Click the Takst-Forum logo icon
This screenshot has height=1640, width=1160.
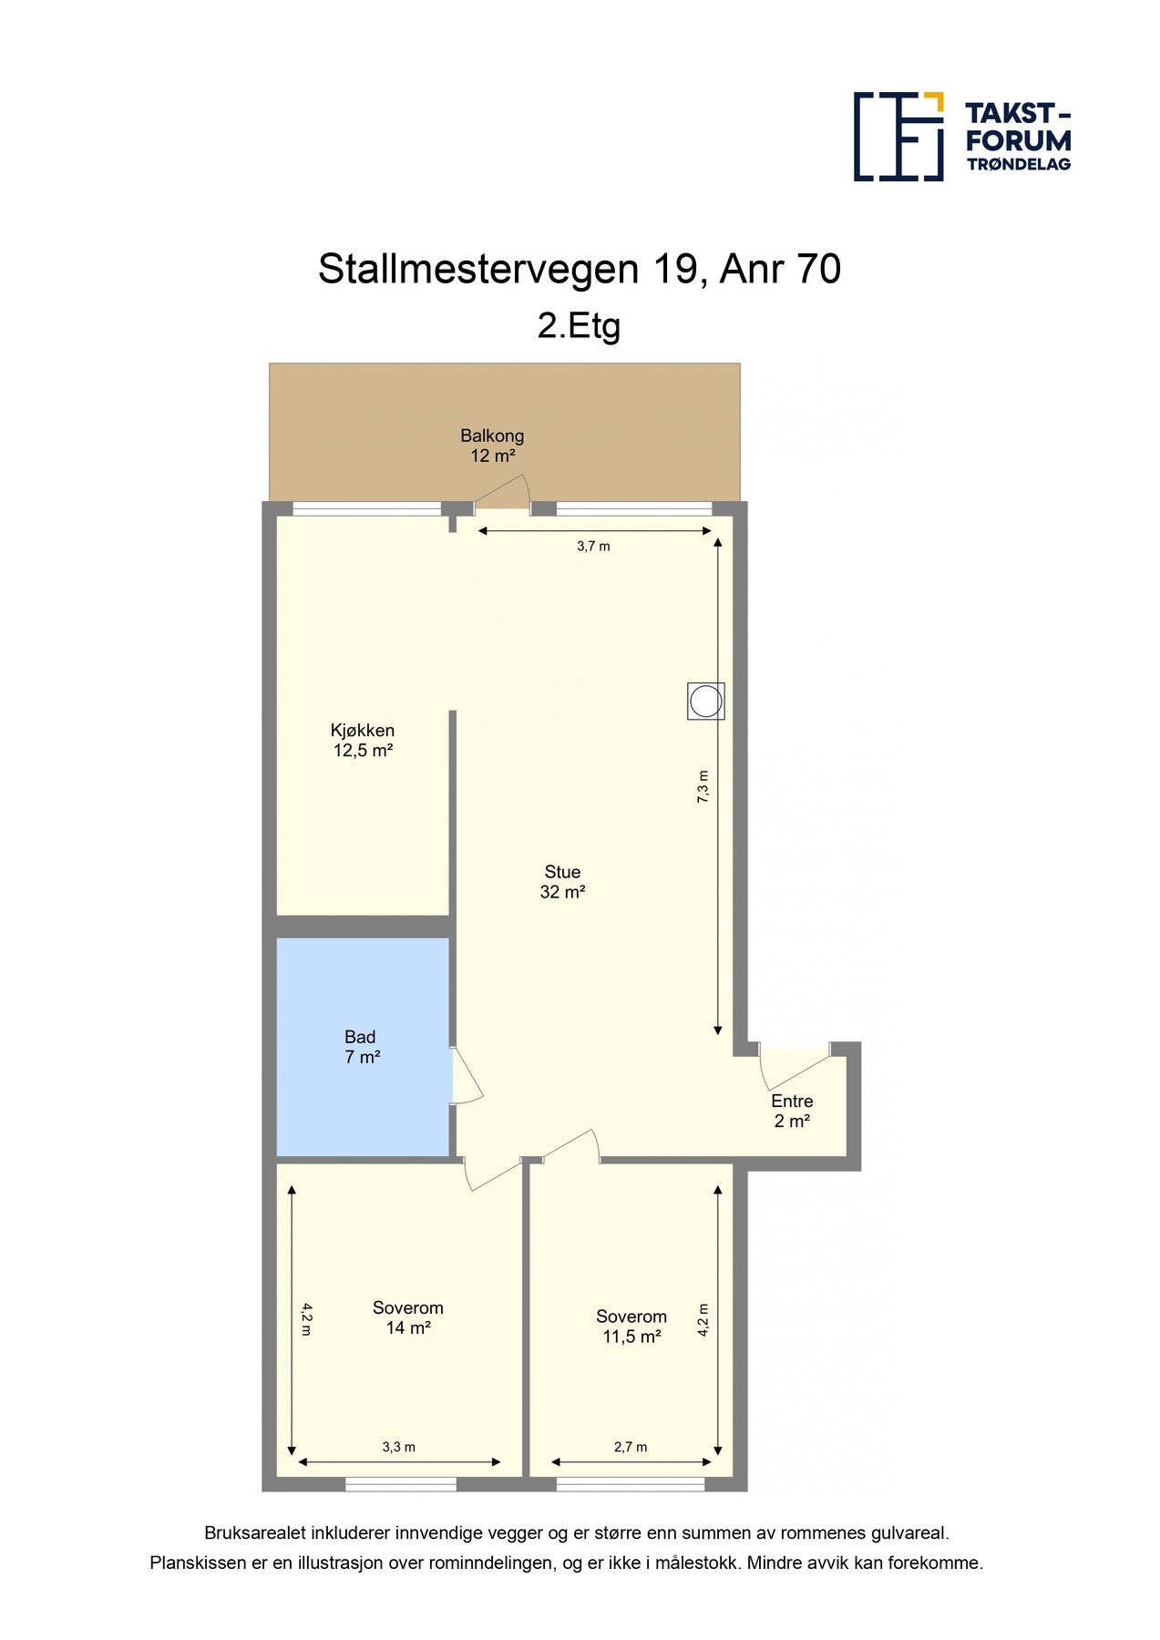pyautogui.click(x=898, y=136)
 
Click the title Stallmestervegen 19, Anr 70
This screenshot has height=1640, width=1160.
pyautogui.click(x=579, y=270)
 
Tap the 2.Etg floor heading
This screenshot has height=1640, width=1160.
pyautogui.click(x=579, y=325)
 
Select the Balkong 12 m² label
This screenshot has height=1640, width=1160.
pyautogui.click(x=492, y=446)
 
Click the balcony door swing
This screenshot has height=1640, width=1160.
pyautogui.click(x=504, y=494)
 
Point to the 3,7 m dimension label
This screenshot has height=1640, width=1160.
pyautogui.click(x=593, y=547)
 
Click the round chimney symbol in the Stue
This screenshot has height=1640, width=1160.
pyautogui.click(x=705, y=702)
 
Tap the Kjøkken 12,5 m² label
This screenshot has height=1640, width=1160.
pyautogui.click(x=363, y=740)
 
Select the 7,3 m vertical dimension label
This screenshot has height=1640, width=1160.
pyautogui.click(x=703, y=786)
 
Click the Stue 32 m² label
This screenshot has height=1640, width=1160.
pyautogui.click(x=562, y=882)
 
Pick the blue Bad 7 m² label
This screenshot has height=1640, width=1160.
pyautogui.click(x=362, y=1047)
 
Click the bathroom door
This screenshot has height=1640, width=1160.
pyautogui.click(x=467, y=1077)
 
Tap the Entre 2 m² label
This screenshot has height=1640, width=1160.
pyautogui.click(x=792, y=1111)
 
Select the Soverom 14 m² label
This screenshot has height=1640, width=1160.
pyautogui.click(x=407, y=1317)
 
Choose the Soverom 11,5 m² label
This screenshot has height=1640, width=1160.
pyautogui.click(x=631, y=1327)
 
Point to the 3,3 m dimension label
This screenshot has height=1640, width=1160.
pyautogui.click(x=398, y=1447)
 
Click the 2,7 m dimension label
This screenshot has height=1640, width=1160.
pyautogui.click(x=631, y=1447)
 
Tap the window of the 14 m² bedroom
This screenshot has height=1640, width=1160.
pyautogui.click(x=400, y=1484)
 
